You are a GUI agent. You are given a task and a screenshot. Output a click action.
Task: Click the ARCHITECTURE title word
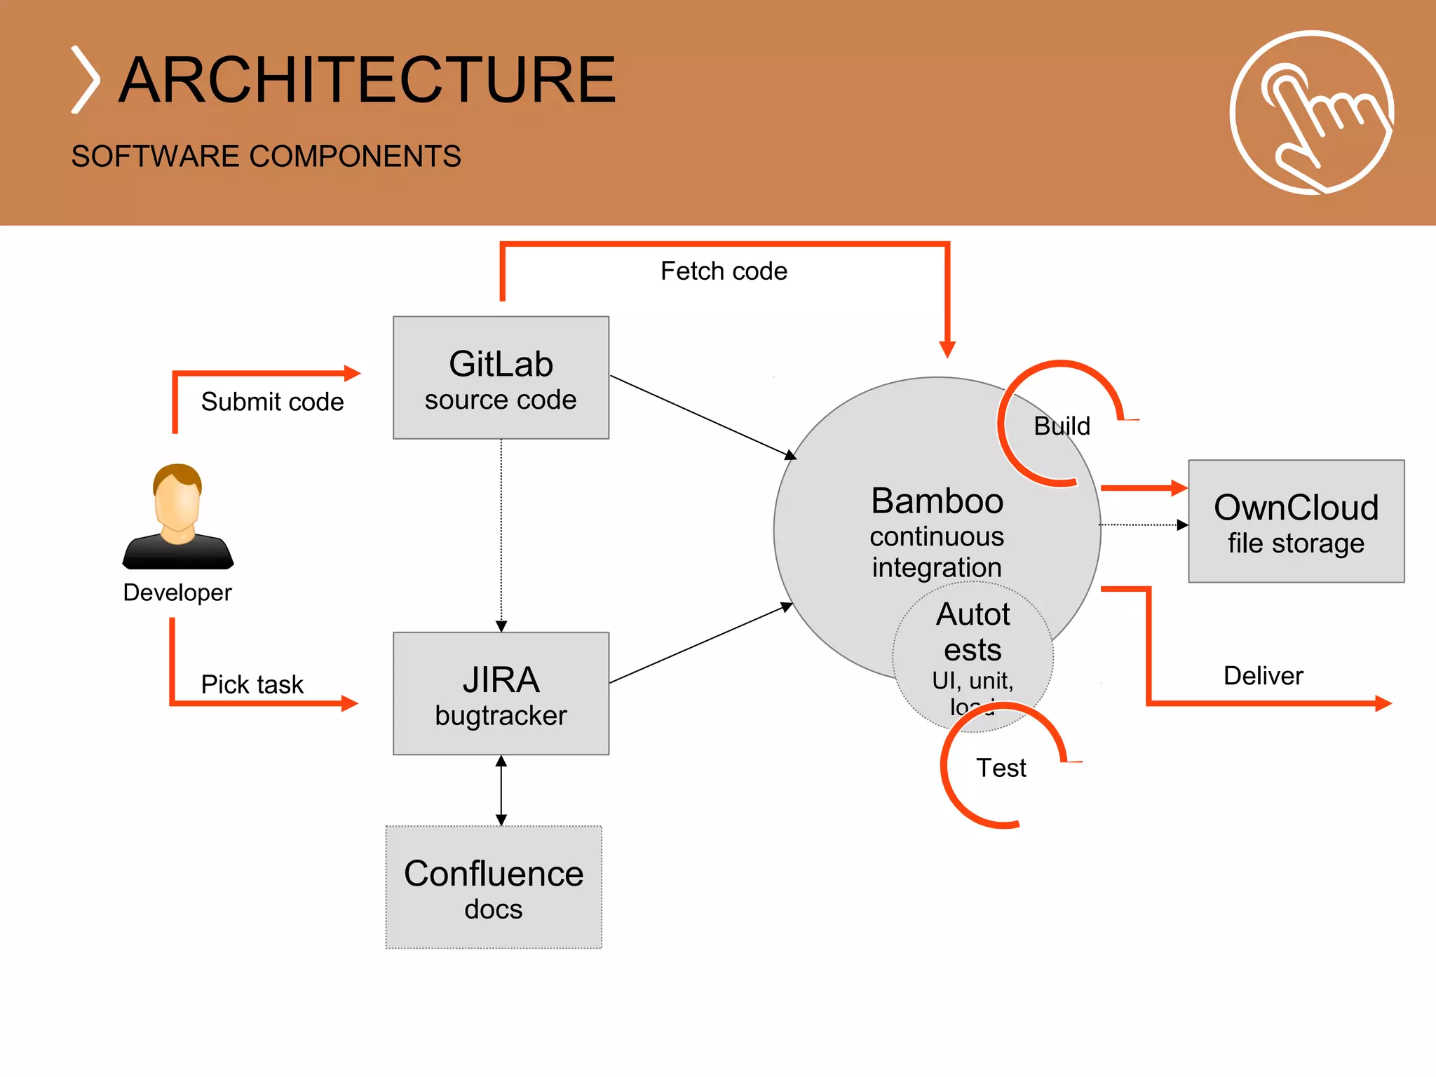click(x=367, y=80)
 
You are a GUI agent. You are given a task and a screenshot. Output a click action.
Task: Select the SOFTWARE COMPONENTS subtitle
click(x=266, y=156)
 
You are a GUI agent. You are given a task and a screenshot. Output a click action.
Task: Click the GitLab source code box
click(x=501, y=378)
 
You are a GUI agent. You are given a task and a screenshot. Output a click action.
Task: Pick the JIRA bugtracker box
click(x=501, y=693)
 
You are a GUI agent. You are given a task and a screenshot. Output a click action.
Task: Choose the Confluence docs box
click(x=494, y=887)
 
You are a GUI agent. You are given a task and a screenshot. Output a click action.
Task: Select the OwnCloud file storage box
click(x=1296, y=522)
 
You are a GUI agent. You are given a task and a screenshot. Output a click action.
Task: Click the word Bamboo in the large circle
click(x=937, y=501)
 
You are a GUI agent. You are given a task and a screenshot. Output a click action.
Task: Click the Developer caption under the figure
click(x=177, y=592)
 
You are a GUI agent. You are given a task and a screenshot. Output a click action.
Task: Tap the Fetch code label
click(x=724, y=271)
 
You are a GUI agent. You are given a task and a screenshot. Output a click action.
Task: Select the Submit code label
click(x=272, y=402)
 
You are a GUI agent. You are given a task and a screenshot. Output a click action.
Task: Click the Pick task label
click(x=252, y=684)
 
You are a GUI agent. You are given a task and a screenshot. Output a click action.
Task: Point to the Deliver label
click(x=1263, y=676)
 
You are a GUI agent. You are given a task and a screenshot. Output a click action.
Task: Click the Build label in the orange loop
click(x=1062, y=426)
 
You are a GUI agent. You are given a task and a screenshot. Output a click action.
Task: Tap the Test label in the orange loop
click(x=1001, y=768)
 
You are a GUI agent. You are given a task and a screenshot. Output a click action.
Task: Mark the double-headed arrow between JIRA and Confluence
click(x=501, y=790)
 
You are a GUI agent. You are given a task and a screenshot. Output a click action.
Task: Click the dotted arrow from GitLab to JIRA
click(x=501, y=533)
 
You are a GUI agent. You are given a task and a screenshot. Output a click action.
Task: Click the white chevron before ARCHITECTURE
click(x=86, y=80)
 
